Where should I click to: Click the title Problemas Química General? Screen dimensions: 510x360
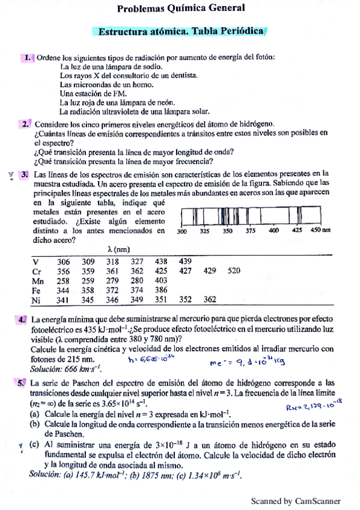181,8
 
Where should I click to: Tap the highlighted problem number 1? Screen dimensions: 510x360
28,57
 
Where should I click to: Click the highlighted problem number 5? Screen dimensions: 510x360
22,382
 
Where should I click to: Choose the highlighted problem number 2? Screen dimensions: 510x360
26,124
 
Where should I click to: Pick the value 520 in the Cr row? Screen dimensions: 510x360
234,271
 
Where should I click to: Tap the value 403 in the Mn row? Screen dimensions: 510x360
160,280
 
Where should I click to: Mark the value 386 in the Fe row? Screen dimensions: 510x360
160,290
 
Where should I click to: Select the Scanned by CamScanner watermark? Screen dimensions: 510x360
296,500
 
